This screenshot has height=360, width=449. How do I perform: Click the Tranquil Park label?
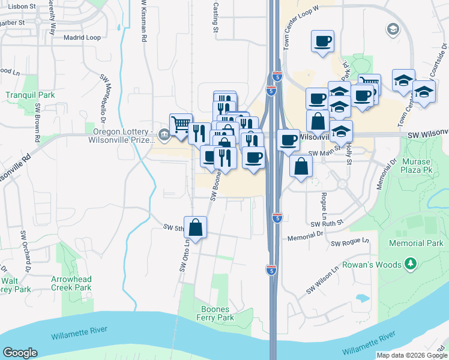30,95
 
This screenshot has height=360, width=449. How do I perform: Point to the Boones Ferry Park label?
218,313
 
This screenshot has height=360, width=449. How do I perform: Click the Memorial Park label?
416,243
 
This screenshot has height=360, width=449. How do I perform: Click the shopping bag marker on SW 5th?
195,227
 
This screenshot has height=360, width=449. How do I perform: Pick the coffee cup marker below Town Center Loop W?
322,41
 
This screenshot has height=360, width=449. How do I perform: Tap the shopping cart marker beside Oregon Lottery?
181,125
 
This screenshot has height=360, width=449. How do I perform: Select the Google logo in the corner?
20,353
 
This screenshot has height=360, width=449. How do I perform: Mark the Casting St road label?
215,16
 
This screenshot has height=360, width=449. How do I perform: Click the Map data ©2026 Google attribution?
412,355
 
